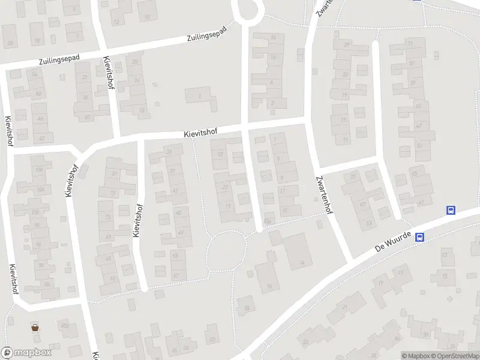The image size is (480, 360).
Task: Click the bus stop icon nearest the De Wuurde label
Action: tap(420, 237)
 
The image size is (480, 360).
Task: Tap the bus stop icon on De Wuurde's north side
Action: tap(451, 210)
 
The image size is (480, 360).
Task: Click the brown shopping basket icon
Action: tap(35, 328)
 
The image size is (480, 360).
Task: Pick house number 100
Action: tap(35, 213)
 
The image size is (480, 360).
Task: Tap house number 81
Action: tap(115, 174)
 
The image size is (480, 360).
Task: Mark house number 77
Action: tap(112, 193)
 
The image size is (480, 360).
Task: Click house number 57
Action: tap(176, 276)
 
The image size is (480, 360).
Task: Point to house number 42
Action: tap(41, 138)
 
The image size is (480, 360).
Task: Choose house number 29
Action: tap(346, 45)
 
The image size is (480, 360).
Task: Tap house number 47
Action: tap(418, 125)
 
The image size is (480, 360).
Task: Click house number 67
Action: tap(420, 203)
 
